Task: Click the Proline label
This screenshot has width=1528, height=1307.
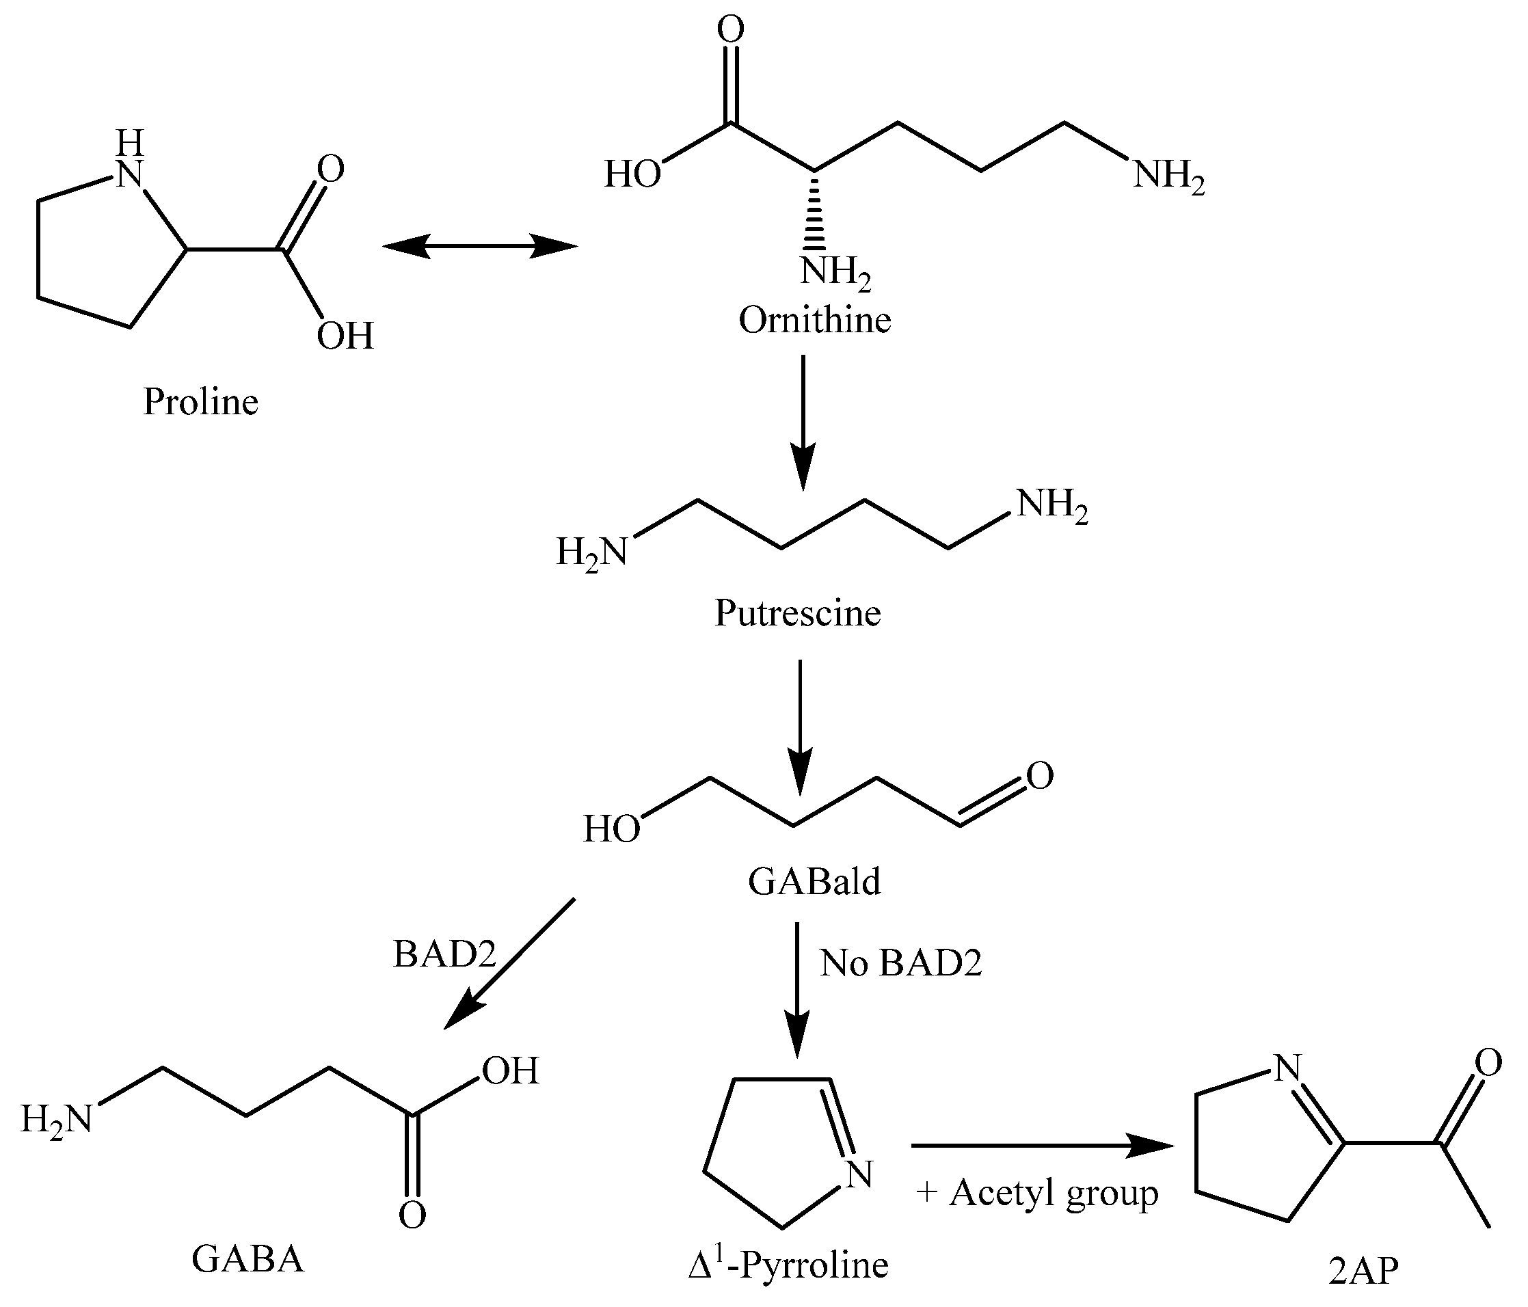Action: point(200,403)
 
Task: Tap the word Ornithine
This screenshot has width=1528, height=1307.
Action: point(815,321)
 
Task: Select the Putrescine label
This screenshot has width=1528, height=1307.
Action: point(797,613)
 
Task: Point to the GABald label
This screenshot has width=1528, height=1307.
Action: point(814,882)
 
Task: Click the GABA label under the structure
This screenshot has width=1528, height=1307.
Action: point(247,1260)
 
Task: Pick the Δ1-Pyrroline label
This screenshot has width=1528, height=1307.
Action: point(788,1266)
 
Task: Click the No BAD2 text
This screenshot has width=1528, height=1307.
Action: point(901,963)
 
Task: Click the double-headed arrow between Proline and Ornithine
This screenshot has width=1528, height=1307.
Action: point(479,246)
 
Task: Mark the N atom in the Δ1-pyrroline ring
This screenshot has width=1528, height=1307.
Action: point(857,1174)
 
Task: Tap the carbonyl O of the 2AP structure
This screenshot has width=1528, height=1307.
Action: point(1488,1063)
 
